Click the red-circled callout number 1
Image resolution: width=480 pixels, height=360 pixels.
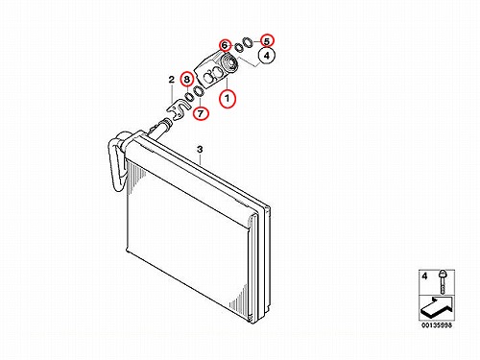228,99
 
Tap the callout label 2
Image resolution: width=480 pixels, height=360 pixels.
172,80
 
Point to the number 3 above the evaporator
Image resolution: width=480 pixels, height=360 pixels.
200,149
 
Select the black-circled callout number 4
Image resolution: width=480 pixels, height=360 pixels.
267,56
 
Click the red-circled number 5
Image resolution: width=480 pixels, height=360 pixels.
267,40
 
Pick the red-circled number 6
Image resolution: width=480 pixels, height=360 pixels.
225,45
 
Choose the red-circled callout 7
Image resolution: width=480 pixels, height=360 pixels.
201,113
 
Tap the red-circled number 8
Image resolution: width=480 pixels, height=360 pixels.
186,79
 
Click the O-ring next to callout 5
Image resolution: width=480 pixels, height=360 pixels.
248,42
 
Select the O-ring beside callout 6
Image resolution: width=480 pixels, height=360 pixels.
238,47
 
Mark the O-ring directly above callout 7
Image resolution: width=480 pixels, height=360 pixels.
199,91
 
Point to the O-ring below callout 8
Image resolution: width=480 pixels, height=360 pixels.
189,97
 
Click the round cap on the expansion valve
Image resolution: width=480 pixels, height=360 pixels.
229,61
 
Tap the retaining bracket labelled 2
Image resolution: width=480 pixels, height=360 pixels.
178,110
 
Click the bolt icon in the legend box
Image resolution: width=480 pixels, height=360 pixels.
443,282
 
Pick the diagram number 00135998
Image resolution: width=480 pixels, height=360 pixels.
437,325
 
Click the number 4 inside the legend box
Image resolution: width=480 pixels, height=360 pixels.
424,276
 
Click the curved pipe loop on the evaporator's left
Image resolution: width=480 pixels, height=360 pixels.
117,160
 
